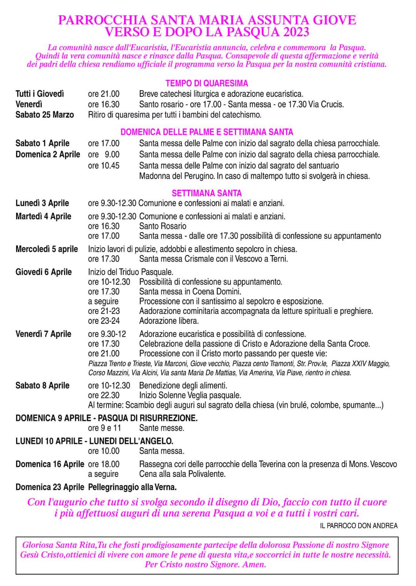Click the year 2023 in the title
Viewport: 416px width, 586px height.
296,32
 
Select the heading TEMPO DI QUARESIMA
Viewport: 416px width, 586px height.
207,83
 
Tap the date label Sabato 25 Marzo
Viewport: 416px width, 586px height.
45,115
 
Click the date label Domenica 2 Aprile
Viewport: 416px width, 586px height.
48,154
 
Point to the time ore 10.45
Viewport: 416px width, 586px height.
104,166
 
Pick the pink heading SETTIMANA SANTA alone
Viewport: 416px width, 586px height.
207,193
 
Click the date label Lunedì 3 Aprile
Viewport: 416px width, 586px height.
42,203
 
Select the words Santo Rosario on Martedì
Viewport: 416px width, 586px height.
163,226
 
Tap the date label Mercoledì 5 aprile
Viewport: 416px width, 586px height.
47,249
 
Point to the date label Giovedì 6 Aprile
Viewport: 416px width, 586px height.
44,272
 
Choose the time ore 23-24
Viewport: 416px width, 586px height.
104,321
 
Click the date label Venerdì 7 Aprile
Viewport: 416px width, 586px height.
44,334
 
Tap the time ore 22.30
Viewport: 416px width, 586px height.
104,395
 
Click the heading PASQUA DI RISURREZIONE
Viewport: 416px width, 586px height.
148,418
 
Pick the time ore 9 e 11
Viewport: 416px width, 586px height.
104,428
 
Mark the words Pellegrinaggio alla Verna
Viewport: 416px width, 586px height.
132,487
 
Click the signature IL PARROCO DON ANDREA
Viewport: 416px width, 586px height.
359,526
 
